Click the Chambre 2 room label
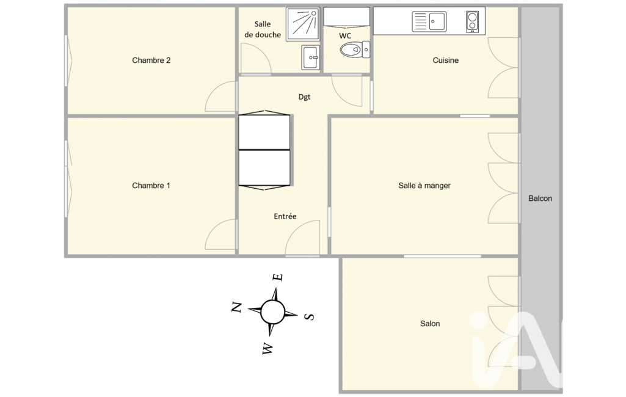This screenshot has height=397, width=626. (151, 60)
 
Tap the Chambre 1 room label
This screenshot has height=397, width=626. (151, 185)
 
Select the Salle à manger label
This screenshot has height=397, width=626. (424, 185)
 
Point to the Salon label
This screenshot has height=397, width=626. (430, 324)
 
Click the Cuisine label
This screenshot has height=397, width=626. (446, 60)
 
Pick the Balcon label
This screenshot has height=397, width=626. (540, 198)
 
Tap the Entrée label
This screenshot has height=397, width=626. (285, 216)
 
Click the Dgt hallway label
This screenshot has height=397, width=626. (304, 97)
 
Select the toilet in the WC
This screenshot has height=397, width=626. (355, 49)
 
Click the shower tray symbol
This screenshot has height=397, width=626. (303, 24)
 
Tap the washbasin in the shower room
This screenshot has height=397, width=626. (311, 57)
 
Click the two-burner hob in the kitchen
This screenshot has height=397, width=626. (472, 21)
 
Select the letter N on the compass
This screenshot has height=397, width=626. (237, 307)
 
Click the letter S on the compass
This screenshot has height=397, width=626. (310, 317)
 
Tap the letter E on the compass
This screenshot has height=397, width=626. (278, 277)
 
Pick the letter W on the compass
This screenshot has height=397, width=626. (268, 349)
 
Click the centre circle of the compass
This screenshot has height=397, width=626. (272, 312)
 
